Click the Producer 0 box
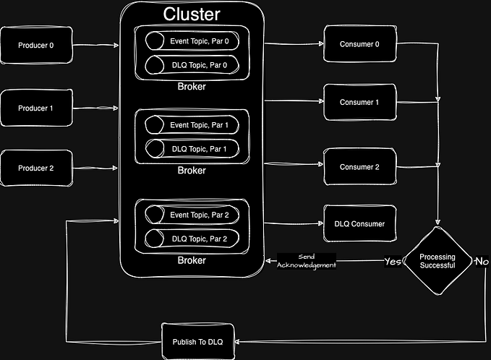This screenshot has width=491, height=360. coord(36,46)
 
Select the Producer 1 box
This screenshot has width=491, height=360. coord(36,108)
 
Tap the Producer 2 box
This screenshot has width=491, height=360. coord(36,168)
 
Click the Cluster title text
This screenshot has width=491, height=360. coord(192,14)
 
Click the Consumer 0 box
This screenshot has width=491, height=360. coord(359,44)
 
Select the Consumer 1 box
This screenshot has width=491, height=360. coord(359,102)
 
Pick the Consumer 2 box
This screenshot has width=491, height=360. coord(359,167)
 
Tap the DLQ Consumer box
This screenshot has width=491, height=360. coord(359,224)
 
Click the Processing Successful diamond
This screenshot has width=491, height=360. coord(437,261)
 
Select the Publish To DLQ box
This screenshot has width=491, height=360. coord(198,341)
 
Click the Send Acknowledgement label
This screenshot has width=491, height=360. coord(307,261)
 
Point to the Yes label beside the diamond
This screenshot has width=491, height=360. coord(393,261)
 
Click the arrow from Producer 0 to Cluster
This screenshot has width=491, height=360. coord(96,46)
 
